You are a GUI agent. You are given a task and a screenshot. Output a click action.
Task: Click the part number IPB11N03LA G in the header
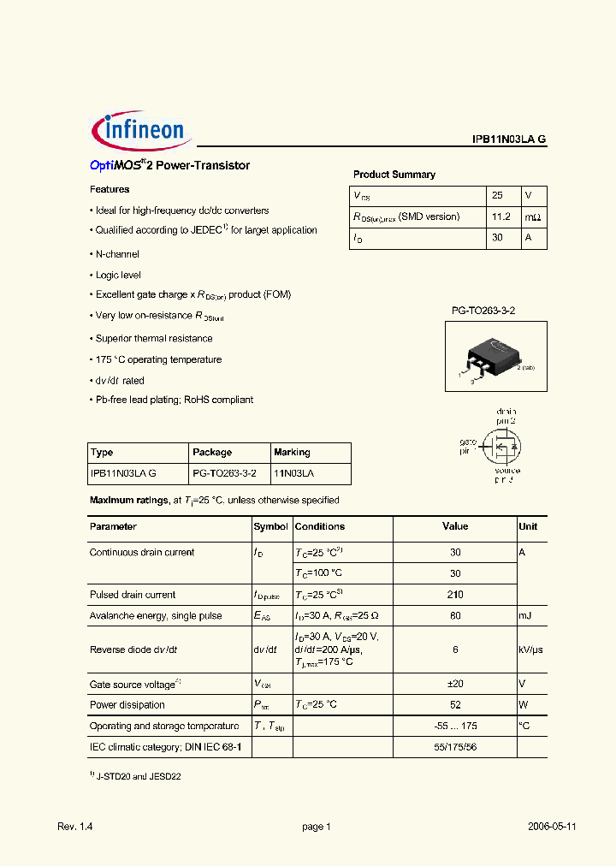click(509, 139)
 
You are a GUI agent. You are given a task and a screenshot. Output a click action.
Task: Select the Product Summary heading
click(394, 175)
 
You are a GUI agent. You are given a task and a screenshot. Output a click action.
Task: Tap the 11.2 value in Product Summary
click(501, 217)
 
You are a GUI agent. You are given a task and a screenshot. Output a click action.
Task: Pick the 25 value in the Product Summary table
click(498, 195)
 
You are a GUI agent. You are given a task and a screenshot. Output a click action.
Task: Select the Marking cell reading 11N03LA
click(293, 472)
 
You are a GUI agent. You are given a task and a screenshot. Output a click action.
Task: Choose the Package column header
click(212, 452)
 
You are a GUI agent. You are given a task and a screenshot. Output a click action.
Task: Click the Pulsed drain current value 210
click(455, 595)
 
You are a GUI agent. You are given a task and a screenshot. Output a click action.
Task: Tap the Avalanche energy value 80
click(455, 616)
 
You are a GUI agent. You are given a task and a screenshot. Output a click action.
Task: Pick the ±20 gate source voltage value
click(455, 684)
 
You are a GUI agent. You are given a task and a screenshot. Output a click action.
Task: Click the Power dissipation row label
click(127, 705)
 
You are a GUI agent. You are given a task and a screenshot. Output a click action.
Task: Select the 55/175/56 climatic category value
click(455, 747)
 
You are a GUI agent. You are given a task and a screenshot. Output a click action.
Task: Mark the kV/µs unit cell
click(530, 649)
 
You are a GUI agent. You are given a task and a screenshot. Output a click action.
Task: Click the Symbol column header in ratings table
click(271, 527)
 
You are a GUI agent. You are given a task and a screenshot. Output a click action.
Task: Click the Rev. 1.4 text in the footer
click(74, 827)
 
